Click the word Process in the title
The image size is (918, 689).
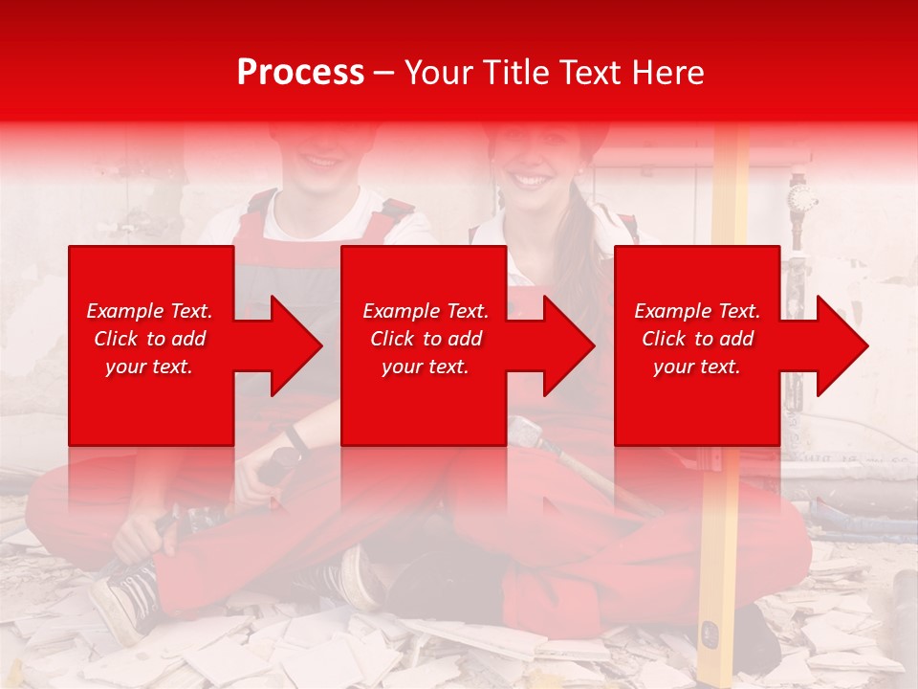pyautogui.click(x=300, y=73)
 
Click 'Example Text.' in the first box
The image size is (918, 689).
pyautogui.click(x=149, y=311)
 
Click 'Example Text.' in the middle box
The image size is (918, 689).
pyautogui.click(x=426, y=311)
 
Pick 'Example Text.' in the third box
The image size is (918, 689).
pyautogui.click(x=697, y=311)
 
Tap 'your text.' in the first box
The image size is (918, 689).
pyautogui.click(x=149, y=367)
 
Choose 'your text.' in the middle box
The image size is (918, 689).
pyautogui.click(x=426, y=367)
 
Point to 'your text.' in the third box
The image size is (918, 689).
pyautogui.click(x=697, y=367)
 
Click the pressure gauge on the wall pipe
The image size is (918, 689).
pyautogui.click(x=801, y=199)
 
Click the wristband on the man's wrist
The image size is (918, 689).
pyautogui.click(x=296, y=439)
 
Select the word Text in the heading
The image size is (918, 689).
pyautogui.click(x=584, y=73)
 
